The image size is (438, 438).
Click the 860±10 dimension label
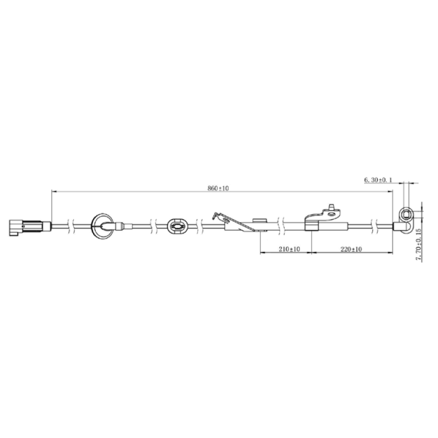pos(218,188)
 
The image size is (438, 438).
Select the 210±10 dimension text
pos(289,249)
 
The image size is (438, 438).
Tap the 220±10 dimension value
pos(351,249)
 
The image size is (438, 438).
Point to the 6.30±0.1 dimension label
pos(378,180)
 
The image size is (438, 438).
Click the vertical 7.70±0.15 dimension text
pos(418,244)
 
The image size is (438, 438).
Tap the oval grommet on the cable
pos(177,226)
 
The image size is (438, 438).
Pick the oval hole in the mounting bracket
pos(332,214)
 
